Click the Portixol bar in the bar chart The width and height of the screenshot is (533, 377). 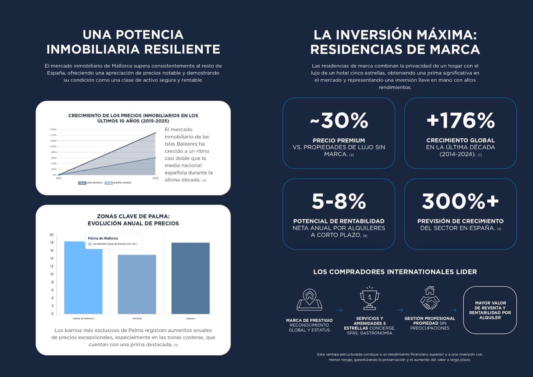tap(137, 284)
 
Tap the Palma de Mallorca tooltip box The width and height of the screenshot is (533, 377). tap(114, 241)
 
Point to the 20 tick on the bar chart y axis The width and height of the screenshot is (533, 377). tap(51, 235)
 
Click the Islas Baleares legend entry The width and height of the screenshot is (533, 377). tap(91, 183)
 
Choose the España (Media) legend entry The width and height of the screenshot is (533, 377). tap(118, 183)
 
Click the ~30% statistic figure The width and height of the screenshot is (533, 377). tap(339, 120)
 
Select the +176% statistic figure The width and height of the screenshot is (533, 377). tap(460, 120)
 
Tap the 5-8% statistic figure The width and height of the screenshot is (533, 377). tap(339, 201)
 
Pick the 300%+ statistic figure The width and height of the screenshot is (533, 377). tap(460, 201)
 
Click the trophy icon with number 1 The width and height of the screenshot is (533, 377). tap(369, 298)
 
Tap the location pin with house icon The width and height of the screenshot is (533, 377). tap(309, 299)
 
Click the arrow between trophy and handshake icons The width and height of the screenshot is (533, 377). tap(400, 310)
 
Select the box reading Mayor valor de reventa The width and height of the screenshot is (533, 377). tap(490, 310)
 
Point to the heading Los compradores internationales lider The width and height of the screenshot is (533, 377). tap(395, 272)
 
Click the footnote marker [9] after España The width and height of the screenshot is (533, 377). tap(499, 229)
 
